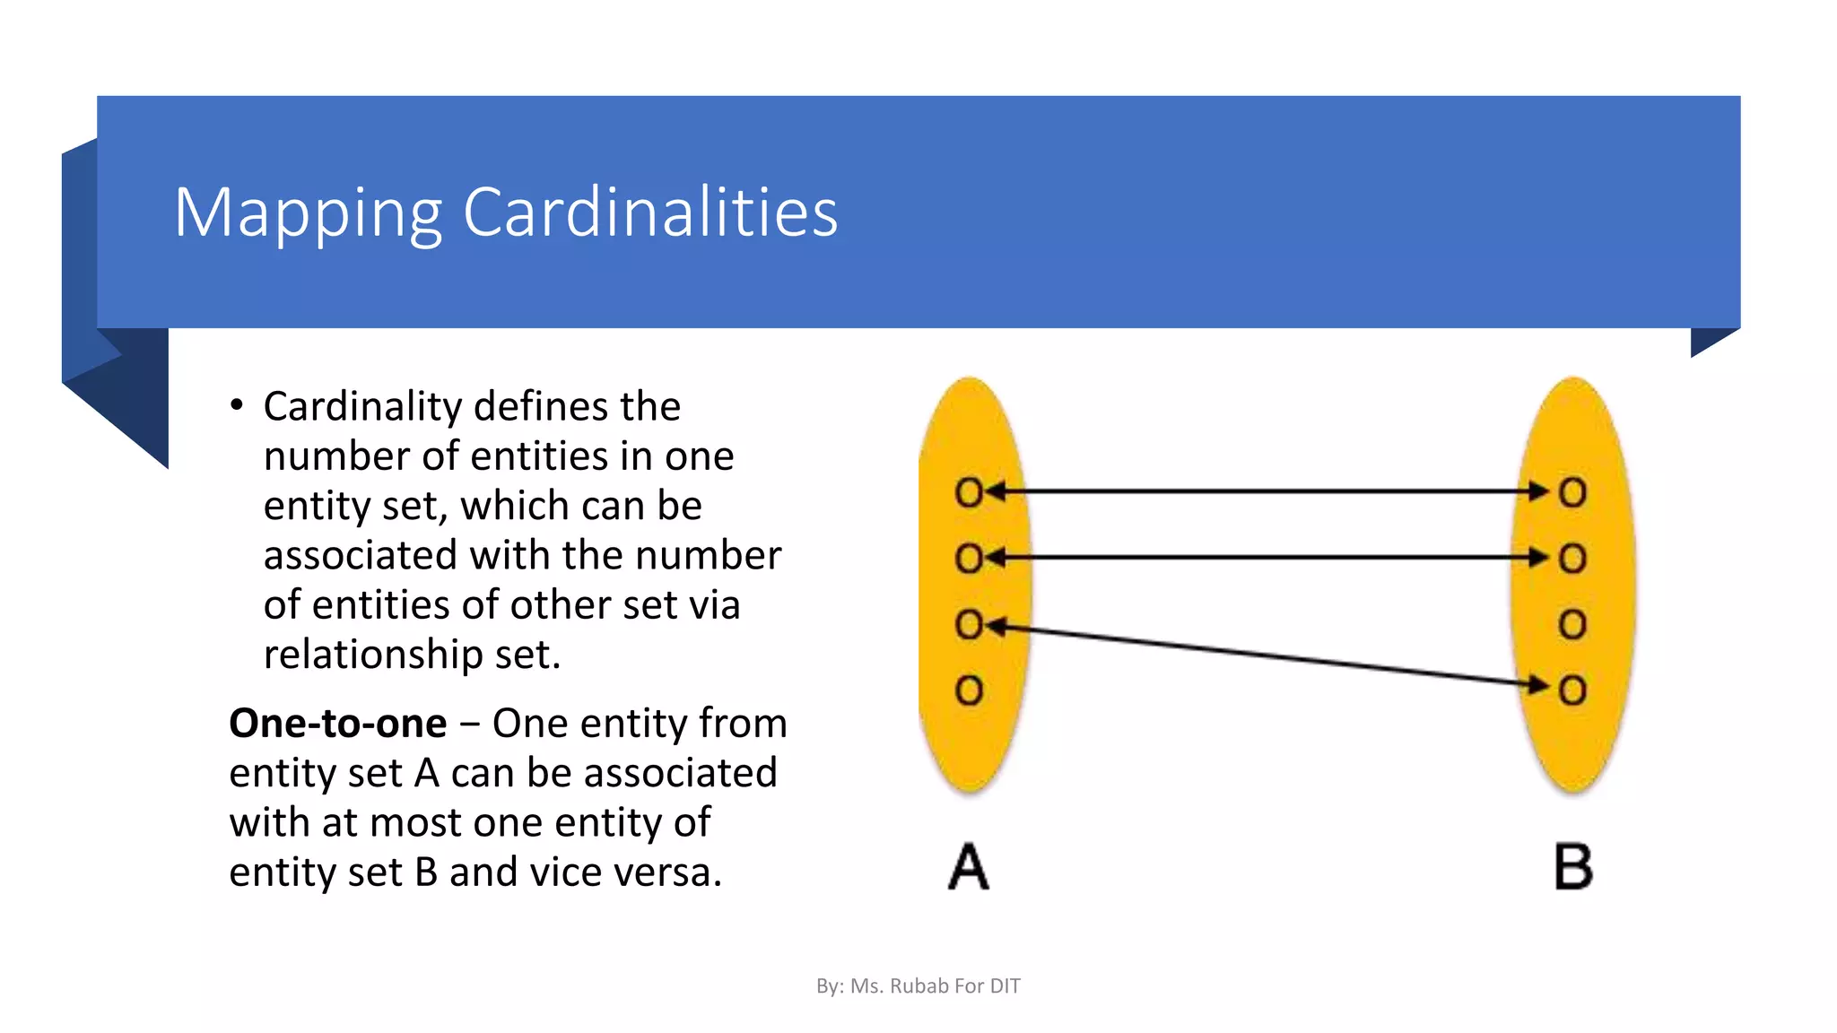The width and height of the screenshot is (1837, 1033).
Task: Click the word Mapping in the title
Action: point(308,213)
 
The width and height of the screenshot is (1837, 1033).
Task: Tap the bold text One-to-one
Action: point(337,723)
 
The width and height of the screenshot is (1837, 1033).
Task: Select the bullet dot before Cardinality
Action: point(237,405)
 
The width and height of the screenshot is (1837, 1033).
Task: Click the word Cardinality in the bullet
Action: point(375,407)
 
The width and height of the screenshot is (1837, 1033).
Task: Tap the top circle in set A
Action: point(969,491)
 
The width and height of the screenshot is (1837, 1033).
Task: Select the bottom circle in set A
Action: point(969,690)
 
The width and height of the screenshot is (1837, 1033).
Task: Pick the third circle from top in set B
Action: point(1572,624)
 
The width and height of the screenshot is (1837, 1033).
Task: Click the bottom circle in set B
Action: point(1572,690)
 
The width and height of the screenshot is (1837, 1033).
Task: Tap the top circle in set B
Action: point(1572,491)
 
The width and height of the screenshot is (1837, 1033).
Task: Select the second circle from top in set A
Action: point(969,558)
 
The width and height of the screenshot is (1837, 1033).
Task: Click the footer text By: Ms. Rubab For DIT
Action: point(918,986)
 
